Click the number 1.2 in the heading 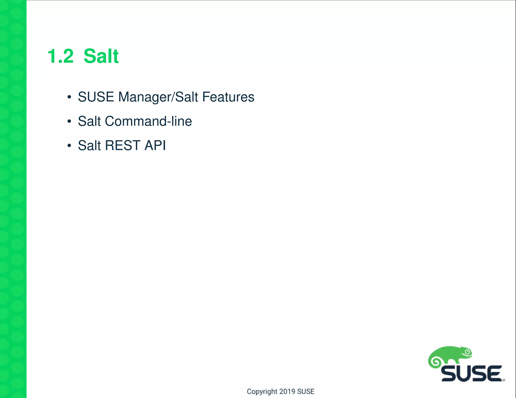click(x=60, y=56)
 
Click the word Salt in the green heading click(x=101, y=56)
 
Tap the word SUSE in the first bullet click(x=96, y=97)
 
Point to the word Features click(x=228, y=97)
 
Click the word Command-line click(x=148, y=121)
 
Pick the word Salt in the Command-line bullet click(x=89, y=121)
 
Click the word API click(x=155, y=145)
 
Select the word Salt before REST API click(x=89, y=145)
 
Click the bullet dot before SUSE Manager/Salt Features click(x=69, y=97)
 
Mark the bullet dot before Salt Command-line click(x=69, y=122)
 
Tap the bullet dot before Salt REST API click(x=69, y=146)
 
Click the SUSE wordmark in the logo click(x=471, y=374)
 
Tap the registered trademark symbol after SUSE click(x=504, y=380)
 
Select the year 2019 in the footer click(x=287, y=391)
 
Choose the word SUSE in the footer click(x=306, y=391)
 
